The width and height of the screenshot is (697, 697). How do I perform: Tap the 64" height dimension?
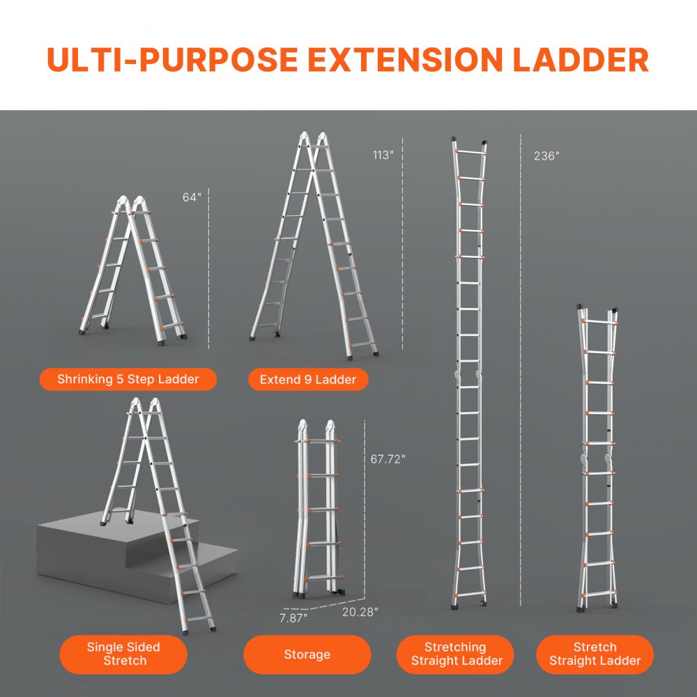point(192,197)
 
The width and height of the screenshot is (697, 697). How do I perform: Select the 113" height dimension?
point(383,155)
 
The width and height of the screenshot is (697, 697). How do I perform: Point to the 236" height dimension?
point(546,156)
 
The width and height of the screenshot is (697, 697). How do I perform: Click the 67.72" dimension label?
point(388,459)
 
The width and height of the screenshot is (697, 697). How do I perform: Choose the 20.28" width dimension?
point(360,611)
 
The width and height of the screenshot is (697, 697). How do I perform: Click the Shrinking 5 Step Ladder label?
point(128,380)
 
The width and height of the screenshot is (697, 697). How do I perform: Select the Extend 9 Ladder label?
point(308,380)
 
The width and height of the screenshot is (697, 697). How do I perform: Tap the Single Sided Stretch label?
point(123,654)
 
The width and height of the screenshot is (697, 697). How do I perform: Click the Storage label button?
point(307,654)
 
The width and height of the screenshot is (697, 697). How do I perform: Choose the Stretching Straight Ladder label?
point(455,654)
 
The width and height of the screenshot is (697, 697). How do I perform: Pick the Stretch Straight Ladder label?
point(595,654)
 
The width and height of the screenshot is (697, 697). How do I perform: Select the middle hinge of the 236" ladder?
point(469,377)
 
